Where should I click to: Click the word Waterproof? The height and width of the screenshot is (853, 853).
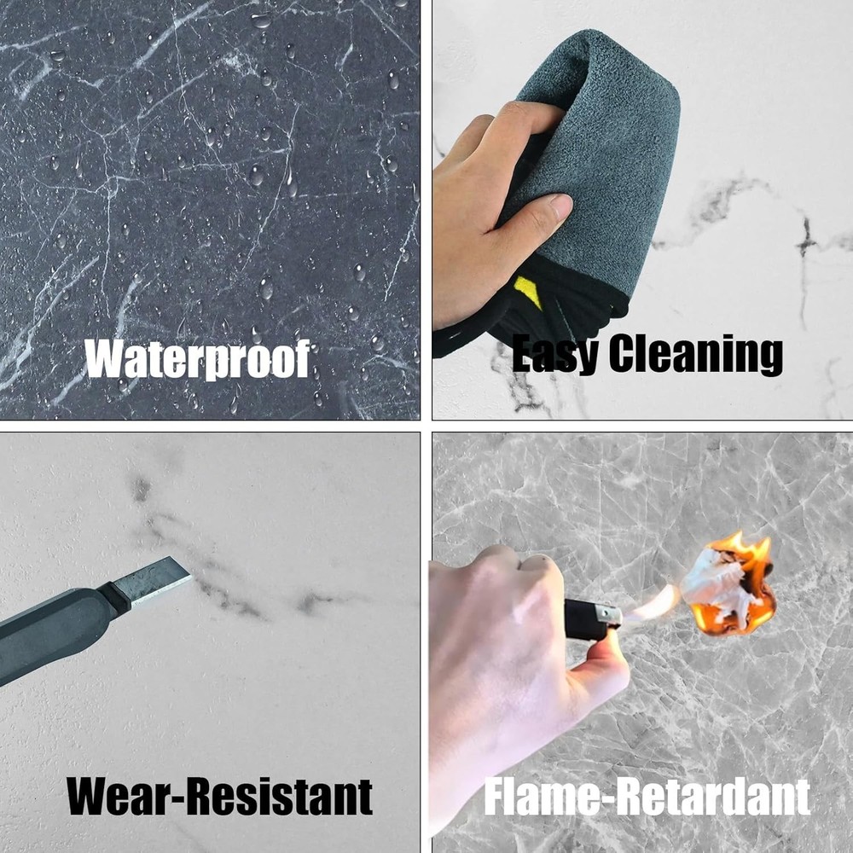pyautogui.click(x=198, y=360)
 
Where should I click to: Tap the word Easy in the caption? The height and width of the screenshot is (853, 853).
pyautogui.click(x=554, y=354)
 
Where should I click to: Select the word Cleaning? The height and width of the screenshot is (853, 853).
pyautogui.click(x=696, y=354)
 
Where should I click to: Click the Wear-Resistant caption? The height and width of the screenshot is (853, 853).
pyautogui.click(x=219, y=796)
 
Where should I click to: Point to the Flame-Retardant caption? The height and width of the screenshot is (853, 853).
pyautogui.click(x=647, y=797)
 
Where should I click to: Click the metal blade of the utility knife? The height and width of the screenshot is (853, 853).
pyautogui.click(x=154, y=581)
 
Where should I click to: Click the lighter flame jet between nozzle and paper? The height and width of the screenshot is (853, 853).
pyautogui.click(x=650, y=606)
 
